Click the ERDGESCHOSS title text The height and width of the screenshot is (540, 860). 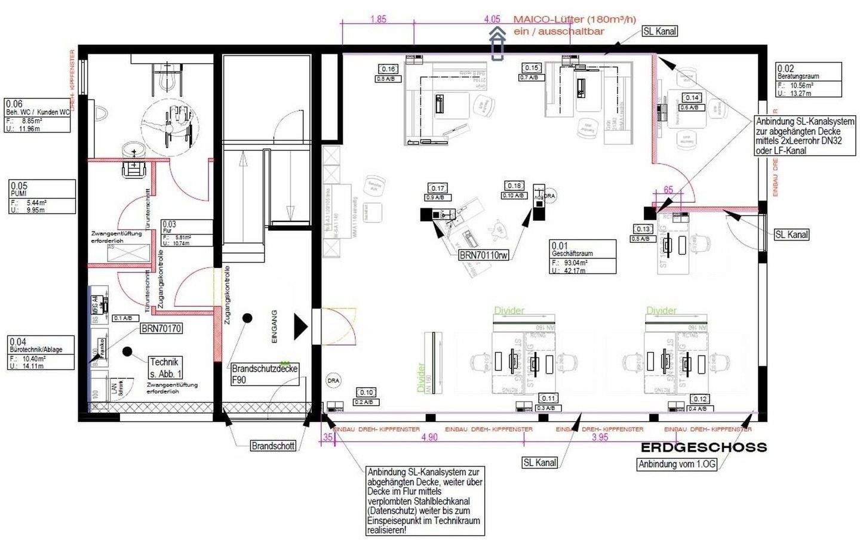pyautogui.click(x=704, y=447)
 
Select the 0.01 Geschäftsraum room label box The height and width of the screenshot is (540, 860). pyautogui.click(x=582, y=257)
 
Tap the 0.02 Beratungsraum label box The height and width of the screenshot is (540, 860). pyautogui.click(x=809, y=80)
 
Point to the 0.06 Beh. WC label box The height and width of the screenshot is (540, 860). pyautogui.click(x=38, y=115)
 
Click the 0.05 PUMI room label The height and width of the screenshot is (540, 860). pyautogui.click(x=42, y=196)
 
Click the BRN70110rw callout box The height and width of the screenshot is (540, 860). pyautogui.click(x=484, y=255)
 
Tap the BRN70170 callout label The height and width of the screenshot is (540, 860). pyautogui.click(x=161, y=328)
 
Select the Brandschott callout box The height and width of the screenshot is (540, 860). pyautogui.click(x=273, y=446)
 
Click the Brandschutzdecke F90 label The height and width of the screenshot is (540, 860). pyautogui.click(x=265, y=374)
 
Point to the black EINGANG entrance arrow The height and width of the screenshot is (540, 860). pyautogui.click(x=300, y=327)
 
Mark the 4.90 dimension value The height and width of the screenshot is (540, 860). pyautogui.click(x=429, y=437)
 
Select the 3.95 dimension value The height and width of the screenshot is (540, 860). pyautogui.click(x=600, y=437)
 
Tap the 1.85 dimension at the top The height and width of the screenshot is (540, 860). pyautogui.click(x=378, y=19)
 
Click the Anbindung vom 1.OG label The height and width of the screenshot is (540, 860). pyautogui.click(x=677, y=464)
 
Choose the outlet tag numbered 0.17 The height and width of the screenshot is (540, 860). pyautogui.click(x=437, y=188)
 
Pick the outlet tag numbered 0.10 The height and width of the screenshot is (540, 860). pyautogui.click(x=365, y=392)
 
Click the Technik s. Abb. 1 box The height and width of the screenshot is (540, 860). pyautogui.click(x=165, y=368)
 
